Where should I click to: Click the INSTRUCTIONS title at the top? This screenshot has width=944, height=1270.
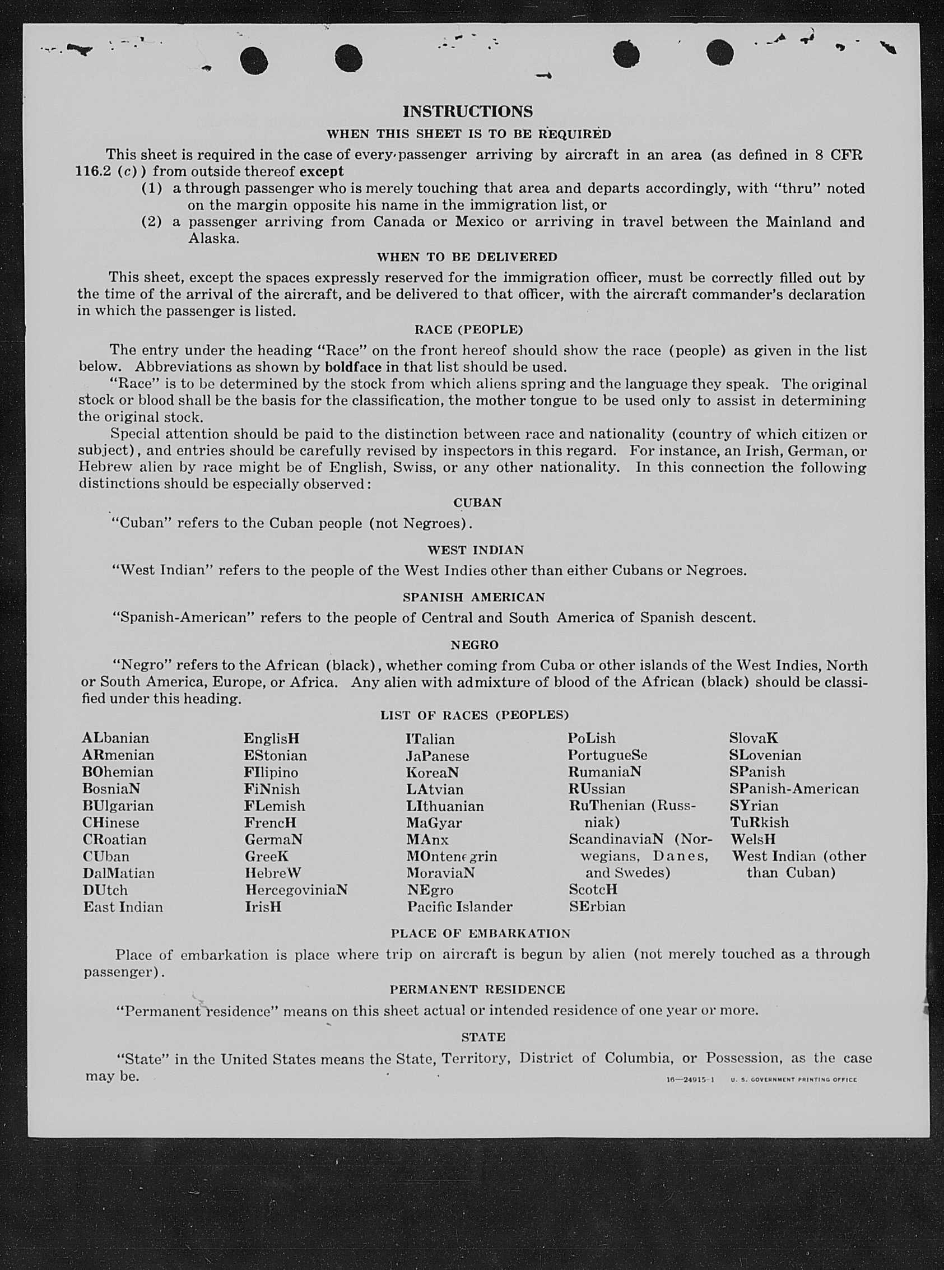(x=467, y=111)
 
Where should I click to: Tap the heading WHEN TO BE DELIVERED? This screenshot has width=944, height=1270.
(x=467, y=257)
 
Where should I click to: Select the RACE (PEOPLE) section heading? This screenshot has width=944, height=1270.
(x=468, y=329)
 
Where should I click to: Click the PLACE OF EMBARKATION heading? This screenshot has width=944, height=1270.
(x=480, y=933)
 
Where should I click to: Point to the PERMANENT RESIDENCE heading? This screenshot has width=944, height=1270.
(x=477, y=989)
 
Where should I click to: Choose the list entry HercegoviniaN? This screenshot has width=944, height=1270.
(x=296, y=890)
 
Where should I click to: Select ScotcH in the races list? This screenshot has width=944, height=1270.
(x=593, y=889)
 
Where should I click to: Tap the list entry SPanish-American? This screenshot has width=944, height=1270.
(x=794, y=788)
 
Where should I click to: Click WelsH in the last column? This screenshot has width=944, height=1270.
(x=753, y=839)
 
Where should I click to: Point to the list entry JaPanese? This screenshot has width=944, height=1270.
(x=437, y=755)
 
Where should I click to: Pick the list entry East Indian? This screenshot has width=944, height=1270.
(x=123, y=906)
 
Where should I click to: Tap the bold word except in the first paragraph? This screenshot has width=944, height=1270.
(x=321, y=171)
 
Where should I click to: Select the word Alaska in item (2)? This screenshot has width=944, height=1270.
(x=211, y=238)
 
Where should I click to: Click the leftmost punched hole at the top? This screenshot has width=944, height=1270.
(x=254, y=60)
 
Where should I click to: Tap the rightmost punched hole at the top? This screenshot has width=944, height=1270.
(x=719, y=53)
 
